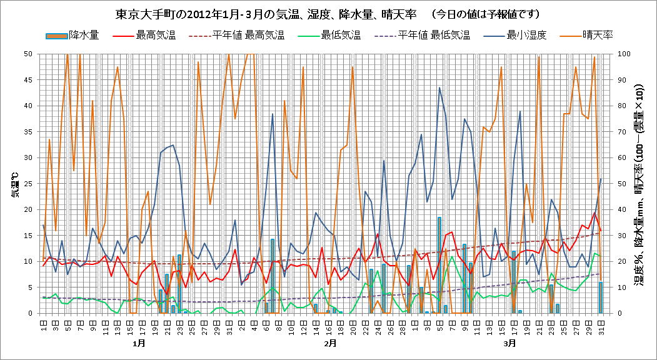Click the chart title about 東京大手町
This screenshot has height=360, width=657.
pyautogui.click(x=328, y=13)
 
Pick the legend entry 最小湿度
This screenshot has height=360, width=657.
pyautogui.click(x=527, y=35)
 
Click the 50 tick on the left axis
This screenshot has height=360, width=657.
pyautogui.click(x=28, y=54)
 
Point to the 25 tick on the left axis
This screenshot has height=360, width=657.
pyautogui.click(x=28, y=183)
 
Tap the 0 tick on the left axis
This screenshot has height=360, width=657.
pyautogui.click(x=31, y=313)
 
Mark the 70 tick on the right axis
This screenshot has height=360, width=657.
pyautogui.click(x=623, y=131)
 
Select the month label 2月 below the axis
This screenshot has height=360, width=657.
pyautogui.click(x=331, y=343)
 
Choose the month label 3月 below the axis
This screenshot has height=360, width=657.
pyautogui.click(x=510, y=343)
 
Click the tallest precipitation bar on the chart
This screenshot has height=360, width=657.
pyautogui.click(x=439, y=265)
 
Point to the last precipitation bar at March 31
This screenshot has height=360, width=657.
pyautogui.click(x=601, y=297)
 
